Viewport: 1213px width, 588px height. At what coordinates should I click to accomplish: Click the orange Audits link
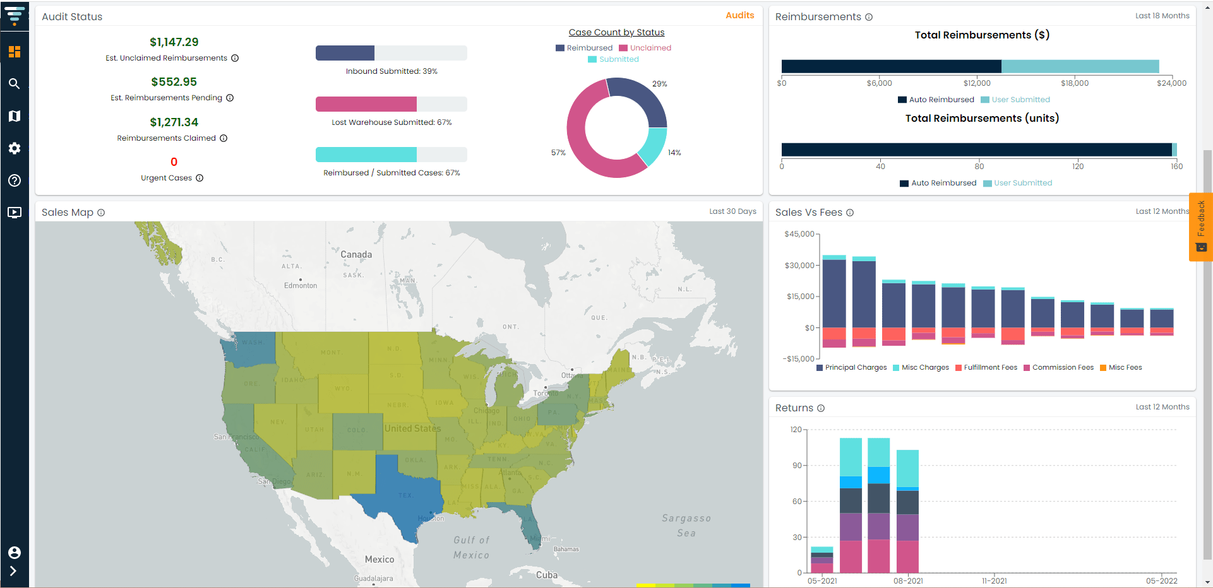tap(739, 15)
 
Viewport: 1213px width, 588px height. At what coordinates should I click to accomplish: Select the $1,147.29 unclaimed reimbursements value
tap(174, 42)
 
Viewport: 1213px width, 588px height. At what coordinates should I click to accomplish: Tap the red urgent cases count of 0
tap(174, 162)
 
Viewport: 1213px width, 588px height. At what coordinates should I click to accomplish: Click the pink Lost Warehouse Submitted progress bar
tap(366, 104)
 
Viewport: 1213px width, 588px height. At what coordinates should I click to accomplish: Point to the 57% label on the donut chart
tap(558, 153)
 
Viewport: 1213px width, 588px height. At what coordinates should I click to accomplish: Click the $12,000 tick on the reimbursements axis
tap(977, 83)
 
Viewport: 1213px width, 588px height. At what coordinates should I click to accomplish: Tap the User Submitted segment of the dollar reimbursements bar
tap(1080, 66)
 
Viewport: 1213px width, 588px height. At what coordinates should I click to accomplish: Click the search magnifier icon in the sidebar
tap(14, 84)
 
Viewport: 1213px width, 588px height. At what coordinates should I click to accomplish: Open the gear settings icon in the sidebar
tap(14, 148)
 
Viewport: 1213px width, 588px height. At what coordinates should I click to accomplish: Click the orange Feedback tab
tap(1200, 226)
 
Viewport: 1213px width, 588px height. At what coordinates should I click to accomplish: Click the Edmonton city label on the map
tap(301, 286)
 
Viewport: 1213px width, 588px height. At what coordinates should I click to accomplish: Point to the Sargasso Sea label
tap(686, 525)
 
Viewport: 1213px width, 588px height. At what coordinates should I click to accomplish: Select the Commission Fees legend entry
tap(1062, 368)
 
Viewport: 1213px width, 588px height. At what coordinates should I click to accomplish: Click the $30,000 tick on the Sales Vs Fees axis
tap(799, 266)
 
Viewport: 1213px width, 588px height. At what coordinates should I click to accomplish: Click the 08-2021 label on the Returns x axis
tap(908, 581)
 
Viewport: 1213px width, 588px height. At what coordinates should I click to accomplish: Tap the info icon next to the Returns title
tap(821, 408)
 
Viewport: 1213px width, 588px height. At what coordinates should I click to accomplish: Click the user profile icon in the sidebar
tap(14, 553)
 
